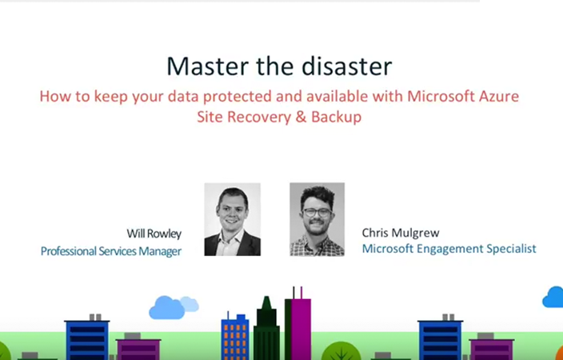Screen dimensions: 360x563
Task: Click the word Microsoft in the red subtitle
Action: coord(435,97)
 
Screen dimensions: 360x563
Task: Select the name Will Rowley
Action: coord(154,234)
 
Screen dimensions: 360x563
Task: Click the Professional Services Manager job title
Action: coord(111,251)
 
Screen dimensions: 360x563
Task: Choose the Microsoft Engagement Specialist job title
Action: coord(449,249)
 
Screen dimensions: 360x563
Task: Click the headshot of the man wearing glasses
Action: coord(317,219)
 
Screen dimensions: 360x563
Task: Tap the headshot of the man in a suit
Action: coord(232,219)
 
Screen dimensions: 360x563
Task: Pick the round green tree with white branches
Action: coord(341,350)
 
